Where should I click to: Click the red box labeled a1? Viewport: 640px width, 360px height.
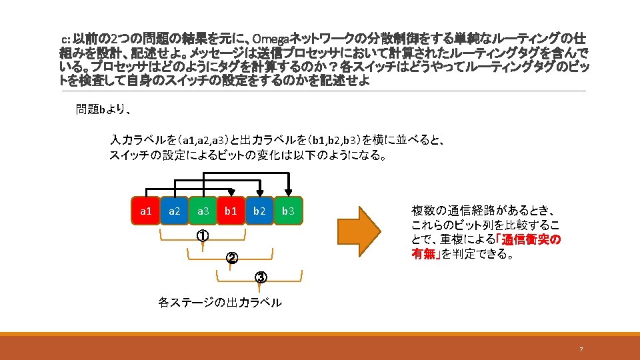pyautogui.click(x=145, y=211)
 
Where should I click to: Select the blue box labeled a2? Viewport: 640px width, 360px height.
pyautogui.click(x=174, y=211)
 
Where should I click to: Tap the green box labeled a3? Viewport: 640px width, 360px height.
pyautogui.click(x=203, y=211)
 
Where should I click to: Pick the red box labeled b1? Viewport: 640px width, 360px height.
pyautogui.click(x=231, y=211)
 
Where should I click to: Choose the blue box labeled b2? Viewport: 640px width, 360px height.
pyautogui.click(x=259, y=211)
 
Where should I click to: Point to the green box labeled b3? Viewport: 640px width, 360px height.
pyautogui.click(x=288, y=211)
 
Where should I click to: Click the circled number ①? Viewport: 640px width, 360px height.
pyautogui.click(x=203, y=236)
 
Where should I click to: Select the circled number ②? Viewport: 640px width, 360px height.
pyautogui.click(x=231, y=257)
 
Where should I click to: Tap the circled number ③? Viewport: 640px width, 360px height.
pyautogui.click(x=260, y=277)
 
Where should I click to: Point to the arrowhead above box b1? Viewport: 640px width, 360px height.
pyautogui.click(x=231, y=191)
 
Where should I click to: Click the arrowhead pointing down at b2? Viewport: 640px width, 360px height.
pyautogui.click(x=259, y=191)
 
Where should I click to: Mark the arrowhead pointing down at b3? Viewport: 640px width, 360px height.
pyautogui.click(x=288, y=191)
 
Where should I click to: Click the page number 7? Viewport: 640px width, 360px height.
pyautogui.click(x=581, y=349)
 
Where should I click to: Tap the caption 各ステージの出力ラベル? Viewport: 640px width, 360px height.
pyautogui.click(x=220, y=303)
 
